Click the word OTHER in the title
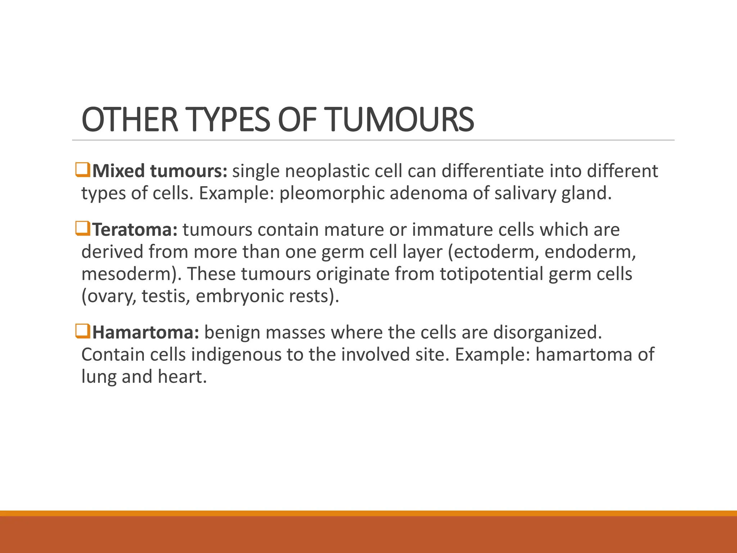[130, 120]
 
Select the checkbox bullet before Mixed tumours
[82, 170]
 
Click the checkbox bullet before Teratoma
[82, 229]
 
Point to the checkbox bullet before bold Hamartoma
[82, 331]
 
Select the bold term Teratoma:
[135, 230]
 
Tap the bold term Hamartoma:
[146, 332]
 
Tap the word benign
[232, 332]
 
